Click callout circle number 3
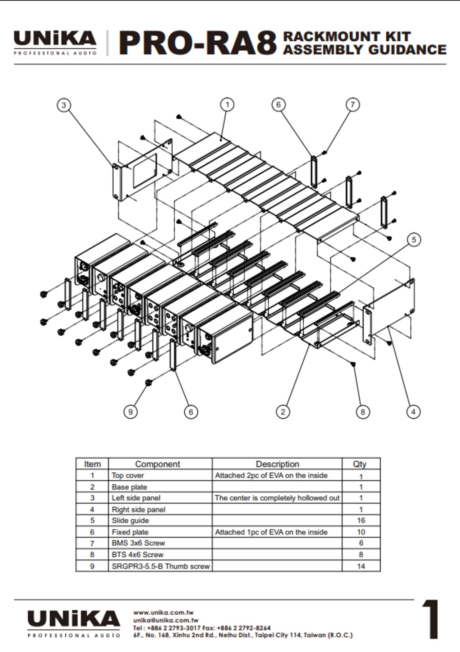click(64, 105)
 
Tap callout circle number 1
click(227, 105)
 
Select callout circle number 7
click(352, 105)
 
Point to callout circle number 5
click(414, 239)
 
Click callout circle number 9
click(130, 412)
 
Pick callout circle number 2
click(283, 412)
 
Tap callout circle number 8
click(362, 412)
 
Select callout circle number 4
click(413, 412)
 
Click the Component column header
click(157, 464)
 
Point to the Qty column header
click(359, 464)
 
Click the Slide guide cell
click(130, 520)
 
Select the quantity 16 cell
click(361, 520)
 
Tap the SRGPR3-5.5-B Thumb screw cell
click(160, 566)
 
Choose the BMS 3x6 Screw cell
click(138, 543)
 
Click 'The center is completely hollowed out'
click(277, 498)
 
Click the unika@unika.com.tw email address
click(166, 620)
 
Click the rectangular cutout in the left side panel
click(145, 171)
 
